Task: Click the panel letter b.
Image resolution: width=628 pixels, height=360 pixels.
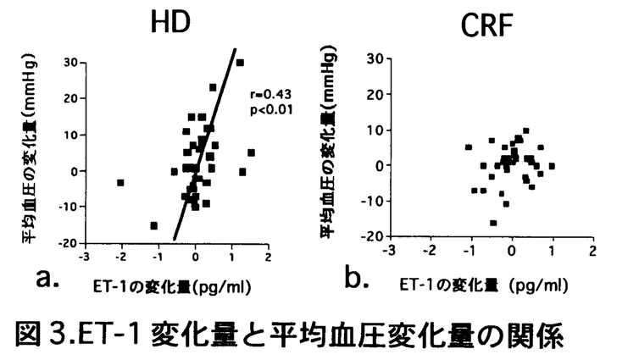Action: pos(355,278)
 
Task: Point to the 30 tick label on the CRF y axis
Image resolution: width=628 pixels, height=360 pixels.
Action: pos(372,58)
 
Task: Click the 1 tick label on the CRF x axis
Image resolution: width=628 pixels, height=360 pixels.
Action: pos(552,252)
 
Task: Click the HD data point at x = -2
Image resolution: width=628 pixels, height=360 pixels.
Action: pos(121,182)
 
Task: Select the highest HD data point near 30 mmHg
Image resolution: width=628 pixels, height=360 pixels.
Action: pos(240,63)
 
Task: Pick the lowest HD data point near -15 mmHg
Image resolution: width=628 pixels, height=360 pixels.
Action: pos(153,225)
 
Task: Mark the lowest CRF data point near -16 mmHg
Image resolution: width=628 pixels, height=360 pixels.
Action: pos(493,223)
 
